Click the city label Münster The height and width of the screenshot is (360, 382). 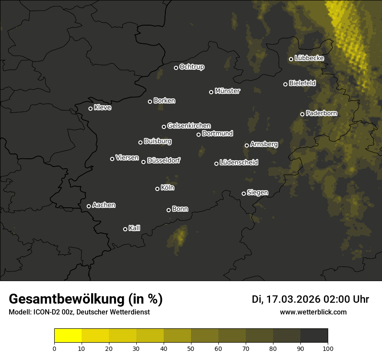click(227, 91)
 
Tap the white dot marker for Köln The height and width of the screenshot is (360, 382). click(157, 189)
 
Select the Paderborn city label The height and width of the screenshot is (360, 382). click(321, 113)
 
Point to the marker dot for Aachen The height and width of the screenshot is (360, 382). click(89, 206)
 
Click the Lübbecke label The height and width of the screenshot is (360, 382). click(309, 58)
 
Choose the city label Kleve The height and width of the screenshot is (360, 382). click(102, 108)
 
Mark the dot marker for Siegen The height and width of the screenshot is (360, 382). click(244, 193)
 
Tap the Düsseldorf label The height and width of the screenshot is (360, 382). click(164, 160)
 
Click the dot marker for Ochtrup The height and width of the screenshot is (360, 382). click(176, 68)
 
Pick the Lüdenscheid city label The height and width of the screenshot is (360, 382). click(239, 163)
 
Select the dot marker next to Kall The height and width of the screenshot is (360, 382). click(125, 229)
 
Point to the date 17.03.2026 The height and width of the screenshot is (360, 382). click(293, 299)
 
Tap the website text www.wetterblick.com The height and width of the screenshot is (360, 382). click(313, 312)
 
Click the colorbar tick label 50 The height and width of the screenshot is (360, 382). click(191, 348)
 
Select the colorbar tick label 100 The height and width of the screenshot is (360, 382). click(328, 348)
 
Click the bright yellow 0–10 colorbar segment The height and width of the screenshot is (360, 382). click(68, 336)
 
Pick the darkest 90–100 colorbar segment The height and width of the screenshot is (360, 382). click(314, 336)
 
